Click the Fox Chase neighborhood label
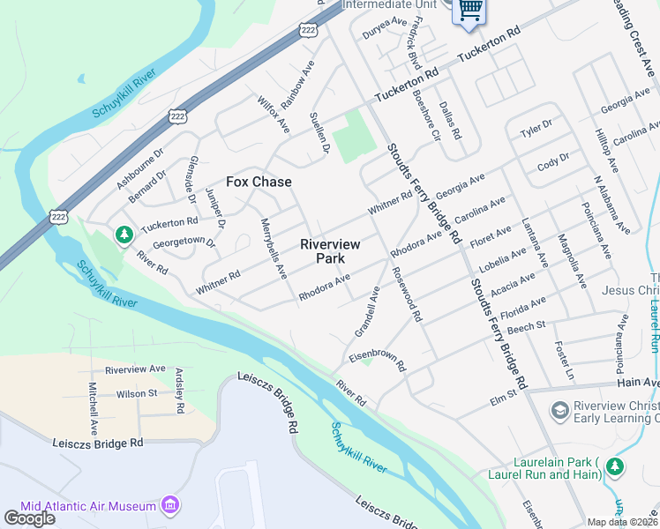click(x=259, y=182)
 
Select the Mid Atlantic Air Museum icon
click(x=171, y=505)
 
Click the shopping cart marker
click(x=470, y=10)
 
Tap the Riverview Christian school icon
click(x=559, y=410)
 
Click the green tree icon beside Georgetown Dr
click(x=124, y=234)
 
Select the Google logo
click(x=29, y=518)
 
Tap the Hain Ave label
click(x=639, y=383)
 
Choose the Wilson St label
click(x=136, y=393)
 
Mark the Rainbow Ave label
click(x=298, y=85)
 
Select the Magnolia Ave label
click(x=572, y=261)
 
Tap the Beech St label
click(x=527, y=328)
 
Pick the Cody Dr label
click(x=553, y=164)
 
